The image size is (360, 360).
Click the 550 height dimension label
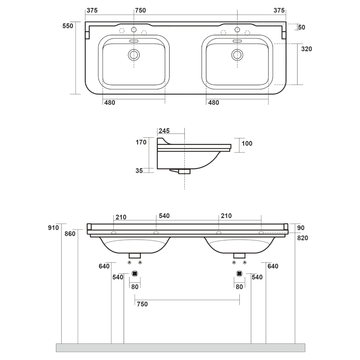[x=68, y=26]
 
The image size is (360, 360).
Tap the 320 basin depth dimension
[x=306, y=49]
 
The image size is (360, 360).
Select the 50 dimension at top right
[x=302, y=27]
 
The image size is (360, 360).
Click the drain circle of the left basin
[x=134, y=55]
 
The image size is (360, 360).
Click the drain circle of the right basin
[x=237, y=55]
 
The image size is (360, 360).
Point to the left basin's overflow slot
[x=134, y=41]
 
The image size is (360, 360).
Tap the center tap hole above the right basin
[x=237, y=30]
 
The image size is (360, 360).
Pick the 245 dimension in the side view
[x=164, y=131]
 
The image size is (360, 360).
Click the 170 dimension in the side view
[x=141, y=142]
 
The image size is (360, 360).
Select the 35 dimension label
[x=139, y=170]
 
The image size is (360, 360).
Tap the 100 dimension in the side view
[x=247, y=144]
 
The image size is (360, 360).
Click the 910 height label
[x=54, y=228]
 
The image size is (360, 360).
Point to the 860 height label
[x=70, y=234]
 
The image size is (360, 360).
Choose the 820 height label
[x=303, y=238]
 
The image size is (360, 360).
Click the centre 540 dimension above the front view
[x=164, y=216]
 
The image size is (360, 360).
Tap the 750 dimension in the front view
[x=142, y=304]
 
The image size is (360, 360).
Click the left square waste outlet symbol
[x=135, y=274]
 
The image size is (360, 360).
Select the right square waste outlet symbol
[x=240, y=274]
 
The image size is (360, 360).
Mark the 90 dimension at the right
[x=301, y=228]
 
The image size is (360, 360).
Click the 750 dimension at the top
[x=140, y=10]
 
